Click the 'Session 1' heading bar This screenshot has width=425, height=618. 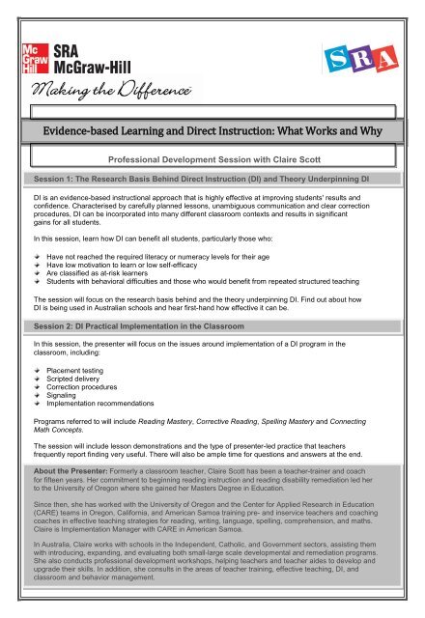[x=212, y=181]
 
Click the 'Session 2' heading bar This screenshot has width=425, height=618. [x=212, y=325]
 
